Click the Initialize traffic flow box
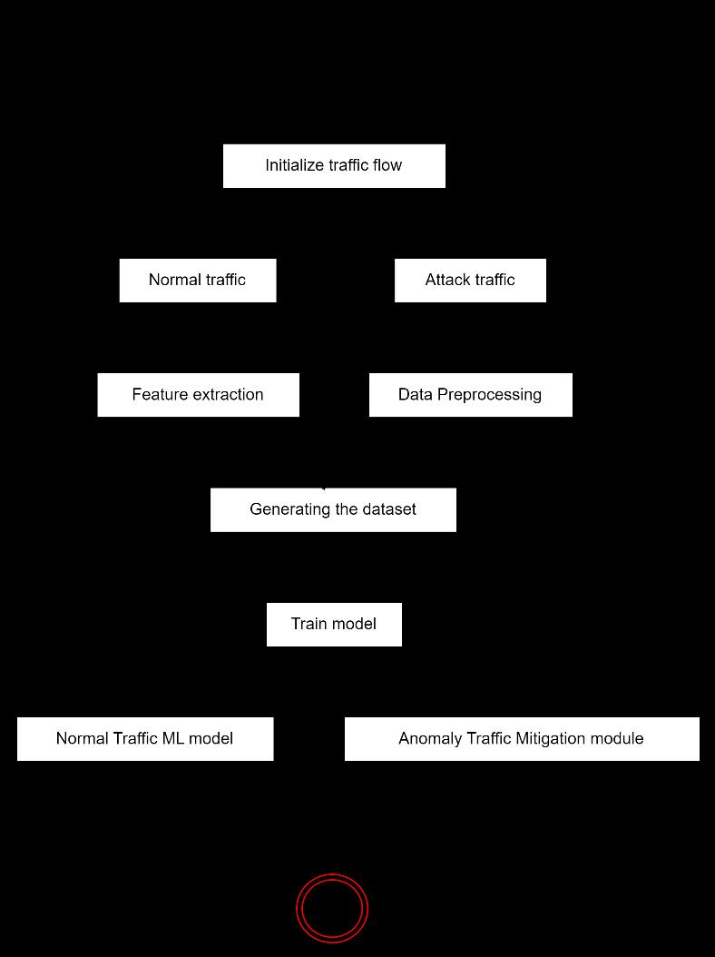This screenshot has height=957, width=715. pos(334,166)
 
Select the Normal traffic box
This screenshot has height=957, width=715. pos(197,280)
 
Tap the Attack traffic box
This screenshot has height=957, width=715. pos(470,280)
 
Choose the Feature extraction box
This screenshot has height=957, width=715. pos(198,395)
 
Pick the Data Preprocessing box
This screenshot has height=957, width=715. pos(470,395)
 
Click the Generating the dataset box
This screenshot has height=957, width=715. pos(333,509)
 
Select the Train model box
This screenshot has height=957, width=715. pos(334,625)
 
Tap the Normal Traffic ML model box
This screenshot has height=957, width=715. pos(145,739)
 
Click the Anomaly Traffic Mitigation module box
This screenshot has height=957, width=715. pos(522,739)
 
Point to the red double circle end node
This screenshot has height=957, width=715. pos(332,907)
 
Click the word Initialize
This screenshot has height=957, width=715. pos(292,165)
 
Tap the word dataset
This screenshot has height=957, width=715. pos(388,509)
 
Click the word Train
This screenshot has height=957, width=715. pos(309,625)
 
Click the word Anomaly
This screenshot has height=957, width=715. pos(430,739)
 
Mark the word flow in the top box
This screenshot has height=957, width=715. pos(387,165)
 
